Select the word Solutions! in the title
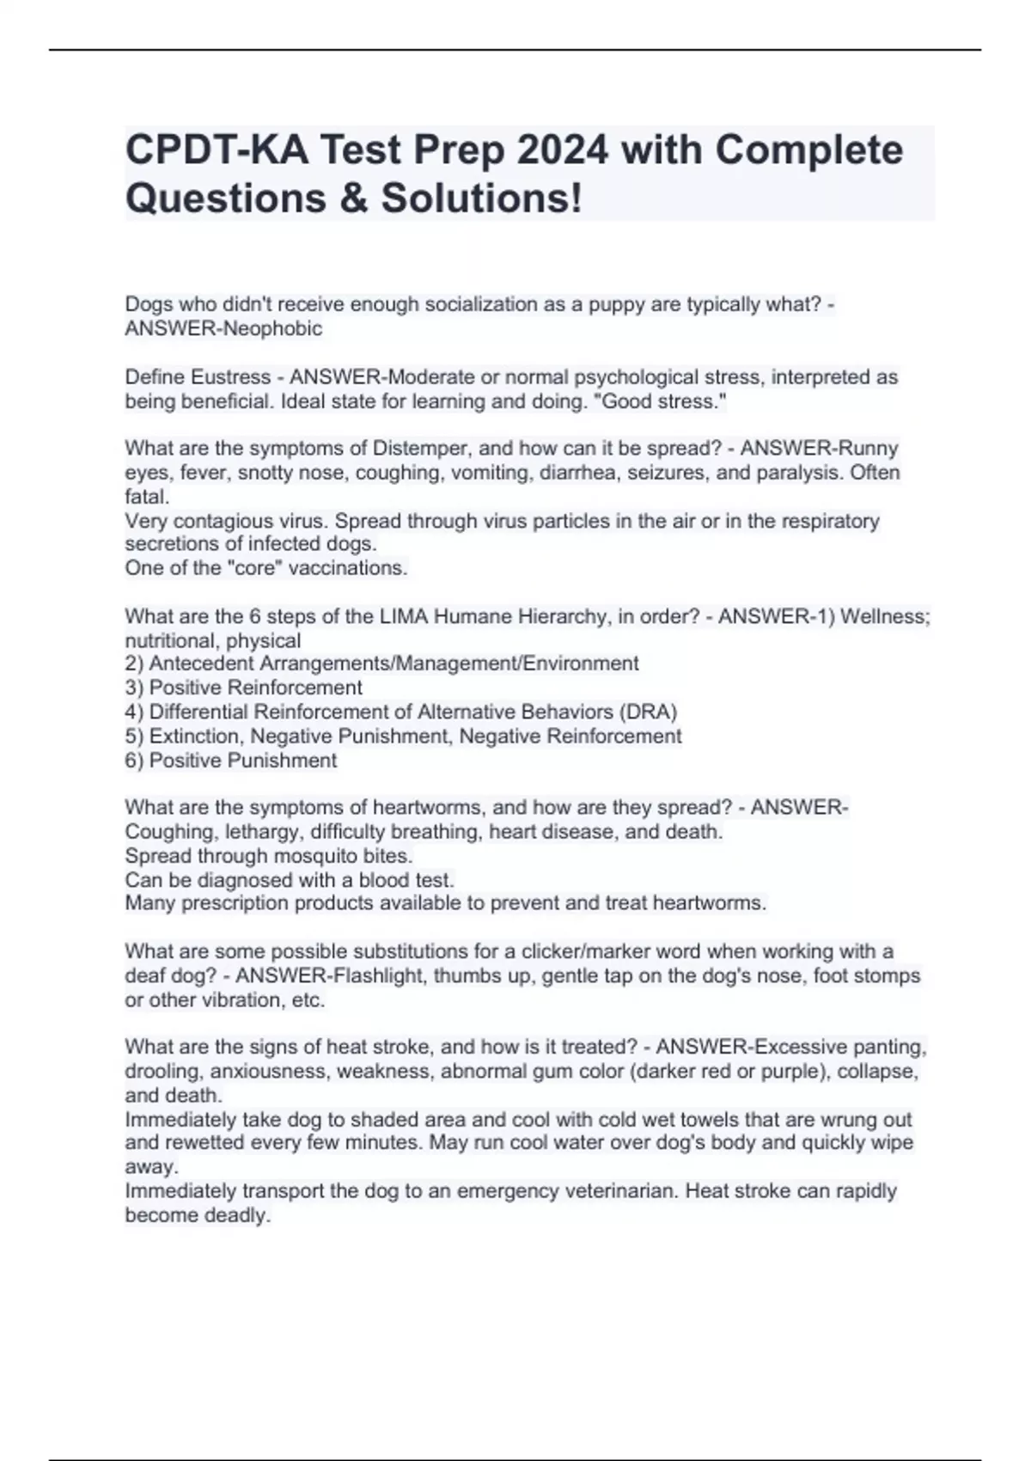click(x=482, y=199)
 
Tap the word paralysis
click(x=795, y=473)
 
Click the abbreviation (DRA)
click(x=648, y=712)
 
